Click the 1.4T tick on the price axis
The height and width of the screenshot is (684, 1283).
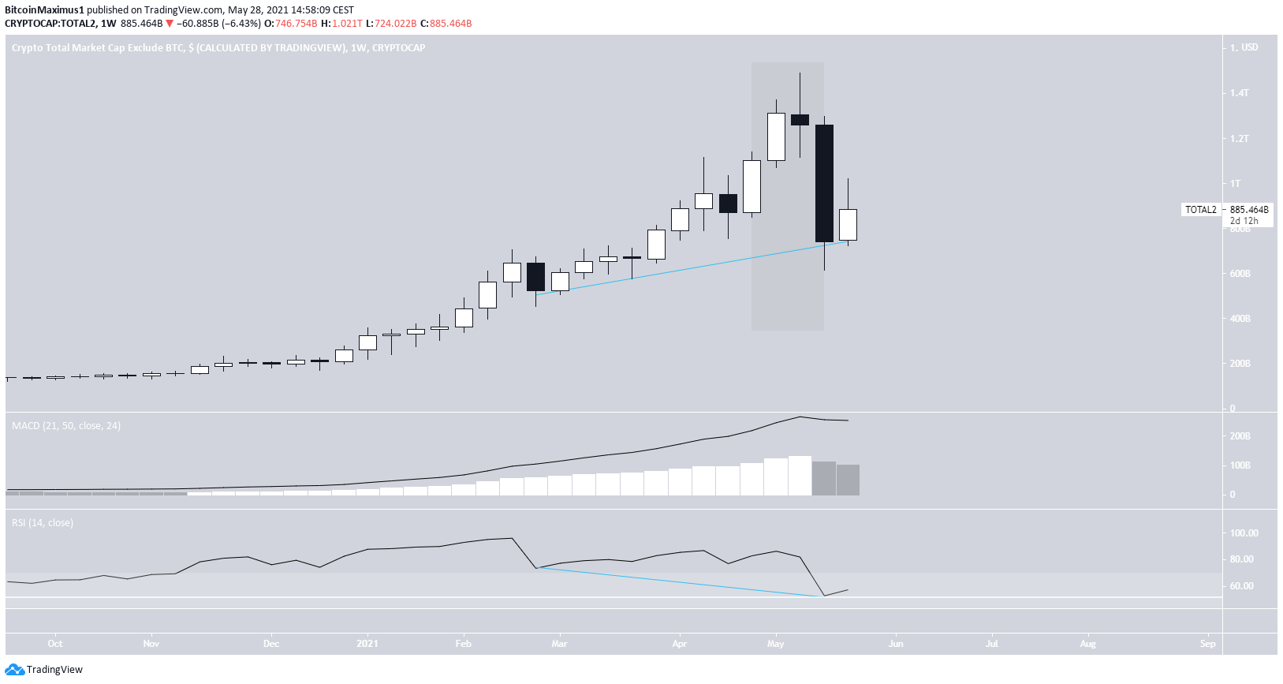pos(1240,93)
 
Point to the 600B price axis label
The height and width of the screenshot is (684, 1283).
pos(1240,274)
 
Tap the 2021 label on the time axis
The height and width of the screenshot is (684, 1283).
pos(367,644)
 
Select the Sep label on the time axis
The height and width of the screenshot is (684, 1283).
pos(1207,644)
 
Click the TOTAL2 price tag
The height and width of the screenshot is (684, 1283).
pos(1201,210)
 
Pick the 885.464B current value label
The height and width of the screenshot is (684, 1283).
pos(1249,210)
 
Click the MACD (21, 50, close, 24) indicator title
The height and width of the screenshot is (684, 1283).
pos(66,426)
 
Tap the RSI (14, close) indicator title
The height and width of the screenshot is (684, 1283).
pos(43,523)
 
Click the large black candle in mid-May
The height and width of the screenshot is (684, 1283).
pos(824,183)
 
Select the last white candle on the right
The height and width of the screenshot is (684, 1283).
pos(848,224)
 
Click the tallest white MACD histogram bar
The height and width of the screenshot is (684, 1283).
pos(800,475)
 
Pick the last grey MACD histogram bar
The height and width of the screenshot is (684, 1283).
pos(848,480)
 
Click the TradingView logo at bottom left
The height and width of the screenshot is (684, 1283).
pos(44,670)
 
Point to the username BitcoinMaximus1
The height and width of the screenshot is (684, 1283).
pos(44,10)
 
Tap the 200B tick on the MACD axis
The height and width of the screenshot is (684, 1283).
pos(1240,436)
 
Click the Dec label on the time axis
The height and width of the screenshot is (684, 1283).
pos(270,644)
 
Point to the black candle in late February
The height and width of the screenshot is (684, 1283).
pos(535,277)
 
